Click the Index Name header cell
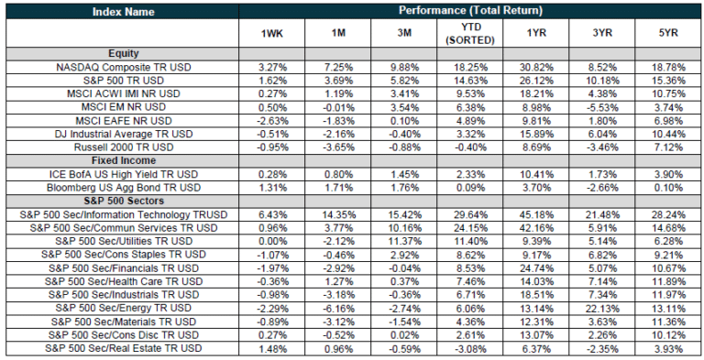click(123, 11)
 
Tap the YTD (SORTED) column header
click(469, 35)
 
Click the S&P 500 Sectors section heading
click(123, 200)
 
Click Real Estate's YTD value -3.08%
click(469, 348)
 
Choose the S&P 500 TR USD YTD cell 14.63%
click(469, 81)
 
